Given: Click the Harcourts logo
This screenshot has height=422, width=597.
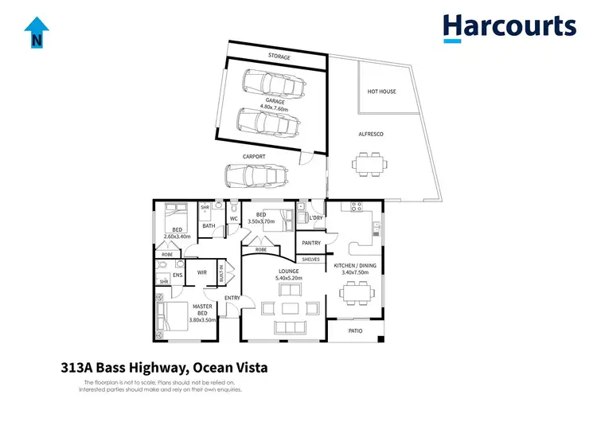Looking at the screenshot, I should click(509, 27).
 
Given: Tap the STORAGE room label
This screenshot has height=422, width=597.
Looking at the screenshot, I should click(278, 57).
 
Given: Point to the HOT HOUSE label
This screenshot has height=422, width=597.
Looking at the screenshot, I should click(381, 92).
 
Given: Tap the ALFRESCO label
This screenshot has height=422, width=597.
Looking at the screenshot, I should click(371, 134).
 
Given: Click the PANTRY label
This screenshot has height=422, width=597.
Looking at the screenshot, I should click(310, 242).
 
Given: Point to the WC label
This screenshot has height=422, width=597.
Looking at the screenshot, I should click(234, 218).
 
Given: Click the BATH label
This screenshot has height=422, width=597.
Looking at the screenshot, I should click(209, 226).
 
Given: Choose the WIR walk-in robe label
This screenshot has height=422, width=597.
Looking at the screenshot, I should click(202, 272).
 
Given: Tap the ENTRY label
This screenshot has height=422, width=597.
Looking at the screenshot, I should click(232, 298).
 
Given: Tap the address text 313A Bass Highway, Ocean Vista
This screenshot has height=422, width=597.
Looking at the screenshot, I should click(164, 368).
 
